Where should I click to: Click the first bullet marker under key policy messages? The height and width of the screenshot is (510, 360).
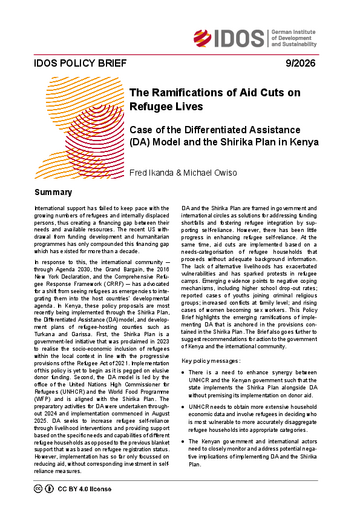coord(188,398)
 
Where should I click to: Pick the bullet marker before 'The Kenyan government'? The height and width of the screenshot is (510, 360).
coord(188,471)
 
